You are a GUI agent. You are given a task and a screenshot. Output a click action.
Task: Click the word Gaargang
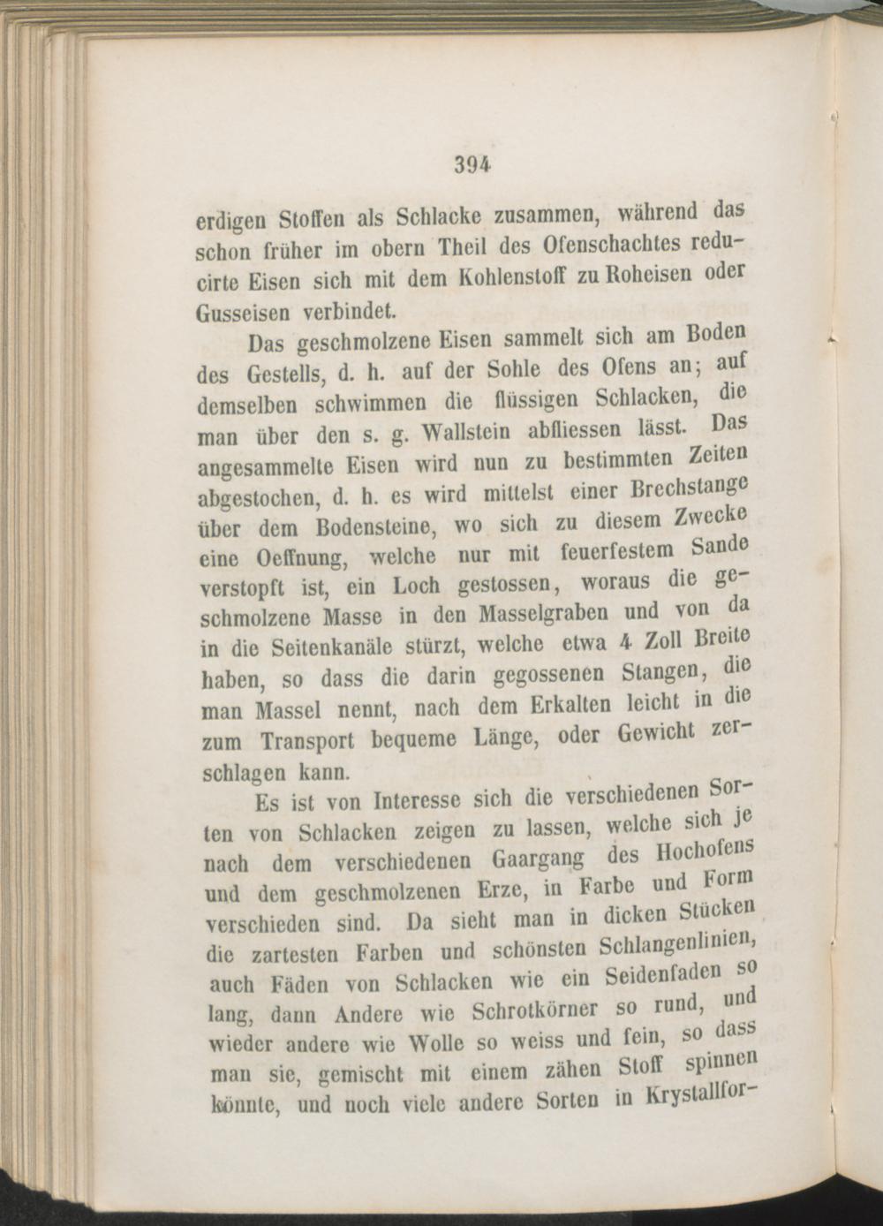pyautogui.click(x=528, y=860)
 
